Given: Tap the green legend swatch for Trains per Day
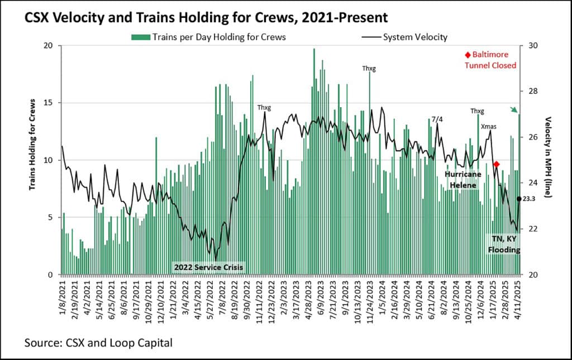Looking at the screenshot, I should click(x=141, y=37).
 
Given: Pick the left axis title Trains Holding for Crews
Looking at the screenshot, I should click(x=33, y=144).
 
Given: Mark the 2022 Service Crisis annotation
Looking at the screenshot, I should click(x=209, y=267).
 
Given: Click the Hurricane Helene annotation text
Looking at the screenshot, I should click(x=463, y=179).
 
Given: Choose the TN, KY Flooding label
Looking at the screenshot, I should click(x=504, y=244).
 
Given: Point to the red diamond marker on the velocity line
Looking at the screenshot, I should click(x=497, y=164).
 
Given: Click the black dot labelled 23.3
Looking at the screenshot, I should click(x=519, y=199).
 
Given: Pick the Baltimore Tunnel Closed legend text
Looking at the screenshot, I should click(x=490, y=60).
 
